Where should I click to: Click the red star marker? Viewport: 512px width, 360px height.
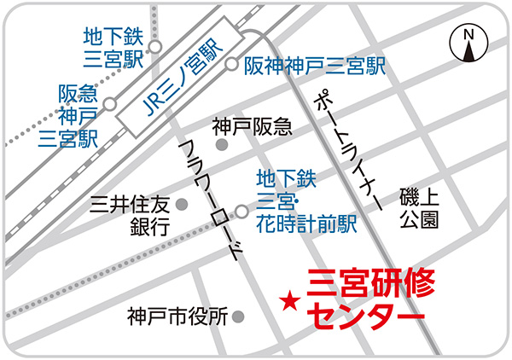coord(289,301)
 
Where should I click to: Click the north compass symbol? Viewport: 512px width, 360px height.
coord(467,43)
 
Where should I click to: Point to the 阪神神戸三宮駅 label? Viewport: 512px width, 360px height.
coord(315,65)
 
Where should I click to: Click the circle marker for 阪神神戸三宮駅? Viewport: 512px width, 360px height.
coord(232,64)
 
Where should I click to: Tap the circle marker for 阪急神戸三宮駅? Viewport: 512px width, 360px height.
coord(109,103)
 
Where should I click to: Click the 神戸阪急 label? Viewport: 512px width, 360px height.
coord(253,127)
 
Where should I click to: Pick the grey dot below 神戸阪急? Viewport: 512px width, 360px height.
coord(223,145)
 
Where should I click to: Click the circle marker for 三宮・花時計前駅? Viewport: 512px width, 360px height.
coord(242,211)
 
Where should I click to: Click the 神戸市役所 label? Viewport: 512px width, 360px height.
coord(176,316)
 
